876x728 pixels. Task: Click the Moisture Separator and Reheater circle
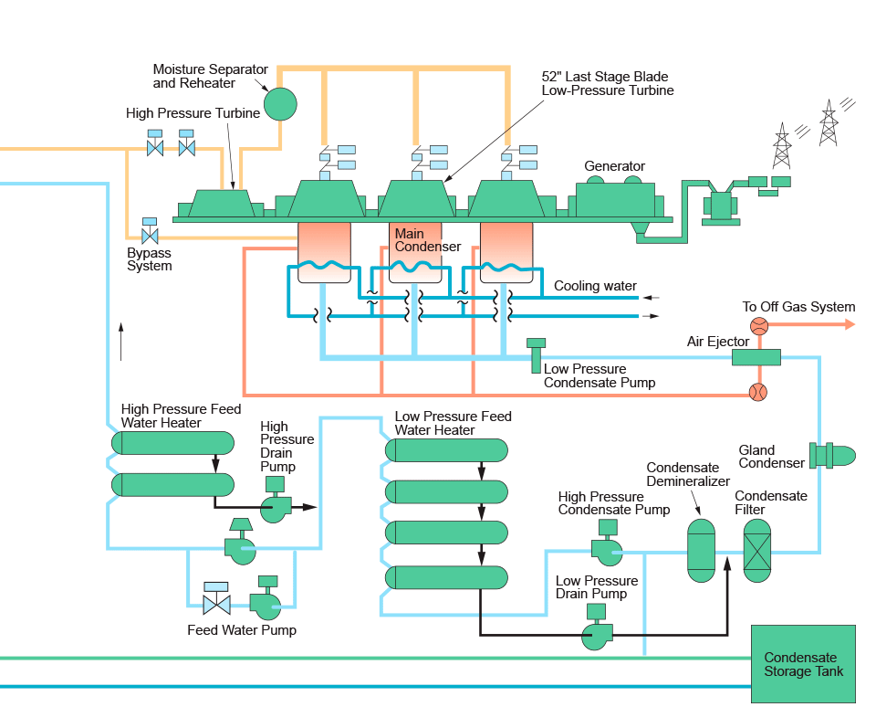(281, 102)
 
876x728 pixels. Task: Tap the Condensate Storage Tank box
(803, 664)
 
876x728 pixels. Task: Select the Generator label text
(615, 166)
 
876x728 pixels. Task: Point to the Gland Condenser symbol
(831, 455)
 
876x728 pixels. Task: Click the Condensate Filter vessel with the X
(757, 551)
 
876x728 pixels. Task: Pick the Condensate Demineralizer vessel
(701, 551)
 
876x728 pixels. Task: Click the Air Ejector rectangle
(756, 357)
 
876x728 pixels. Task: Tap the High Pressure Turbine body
(222, 204)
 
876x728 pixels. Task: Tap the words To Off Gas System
(798, 307)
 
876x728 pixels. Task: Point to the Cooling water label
(595, 286)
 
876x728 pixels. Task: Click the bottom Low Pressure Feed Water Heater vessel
(446, 577)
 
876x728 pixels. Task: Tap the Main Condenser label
(427, 240)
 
